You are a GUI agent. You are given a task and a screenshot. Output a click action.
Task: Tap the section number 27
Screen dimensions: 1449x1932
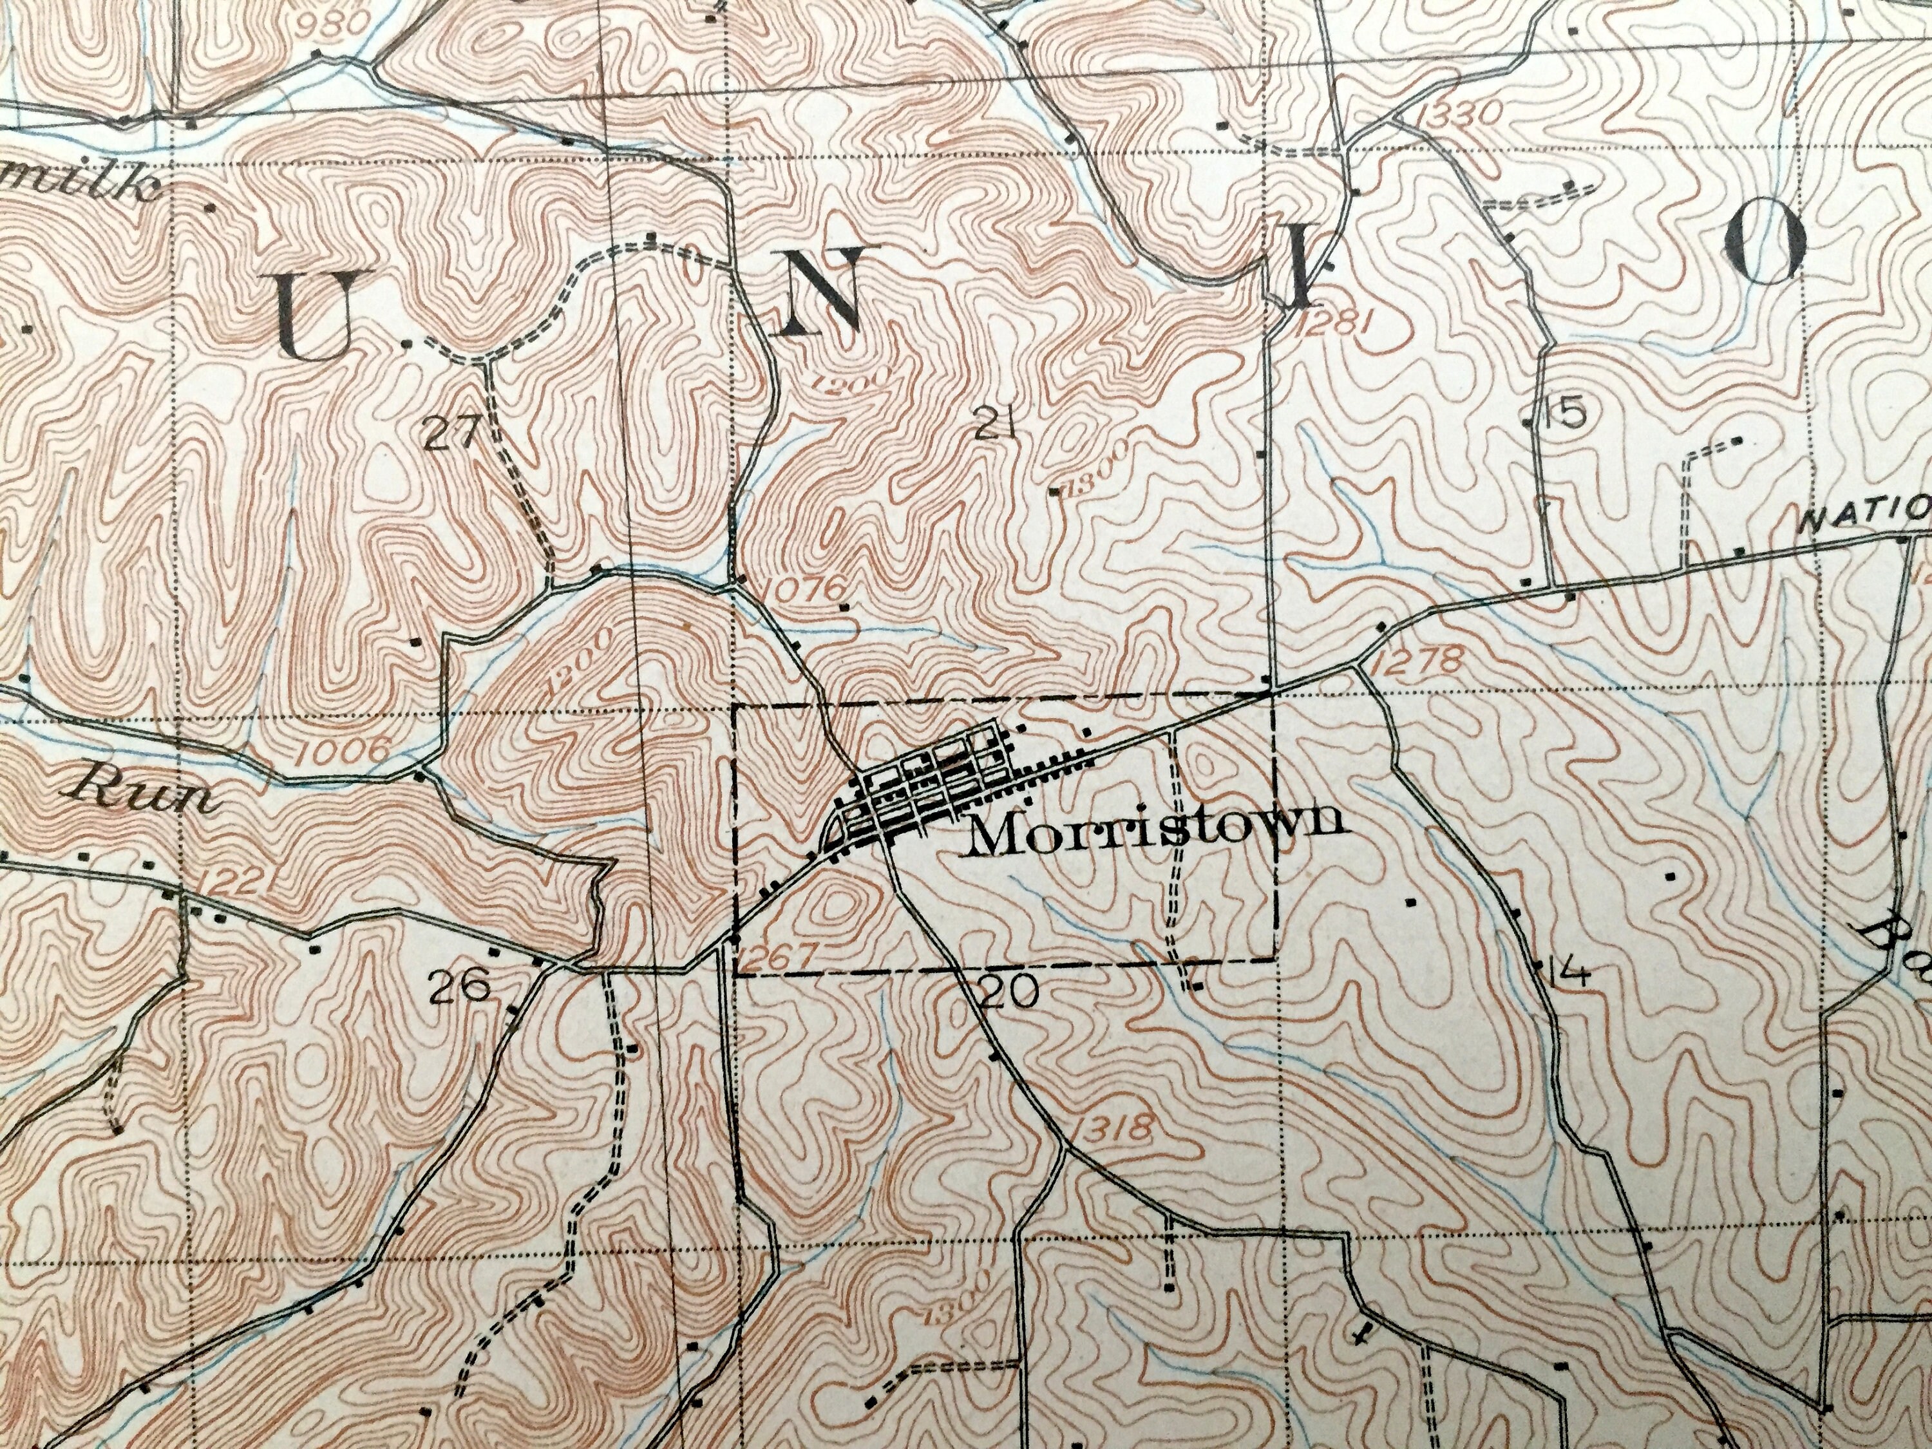point(453,431)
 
